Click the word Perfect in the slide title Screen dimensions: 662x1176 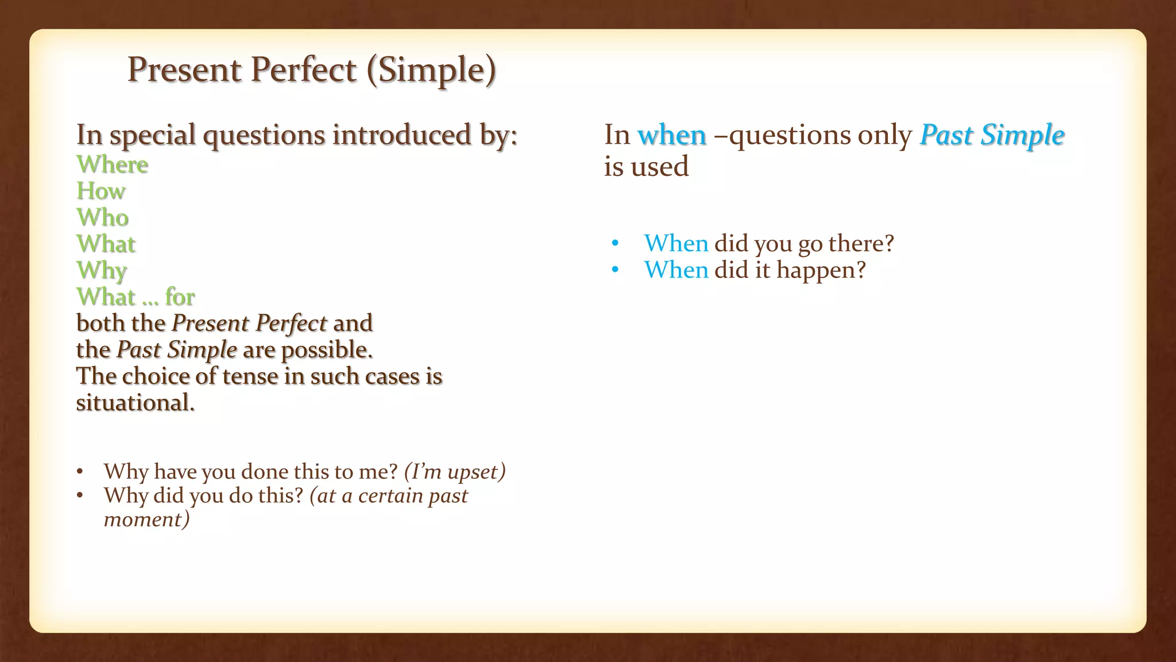tap(303, 70)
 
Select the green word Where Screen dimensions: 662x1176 tap(113, 165)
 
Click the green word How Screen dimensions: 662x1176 tap(101, 191)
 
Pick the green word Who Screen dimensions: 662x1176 tap(103, 218)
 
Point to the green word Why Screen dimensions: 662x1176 tap(102, 271)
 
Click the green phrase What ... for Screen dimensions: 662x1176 tap(136, 297)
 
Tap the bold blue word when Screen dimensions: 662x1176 tap(671, 136)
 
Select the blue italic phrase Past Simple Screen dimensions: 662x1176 tap(992, 136)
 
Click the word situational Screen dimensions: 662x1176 tap(135, 403)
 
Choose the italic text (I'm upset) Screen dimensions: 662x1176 tap(455, 472)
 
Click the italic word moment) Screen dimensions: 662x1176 tap(146, 519)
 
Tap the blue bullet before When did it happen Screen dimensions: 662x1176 tap(616, 270)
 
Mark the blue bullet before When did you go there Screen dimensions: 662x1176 tap(616, 244)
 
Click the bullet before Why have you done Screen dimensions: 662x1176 tap(80, 472)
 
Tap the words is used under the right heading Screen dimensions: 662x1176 tap(646, 167)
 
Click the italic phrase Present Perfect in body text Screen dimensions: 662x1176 tap(249, 324)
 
